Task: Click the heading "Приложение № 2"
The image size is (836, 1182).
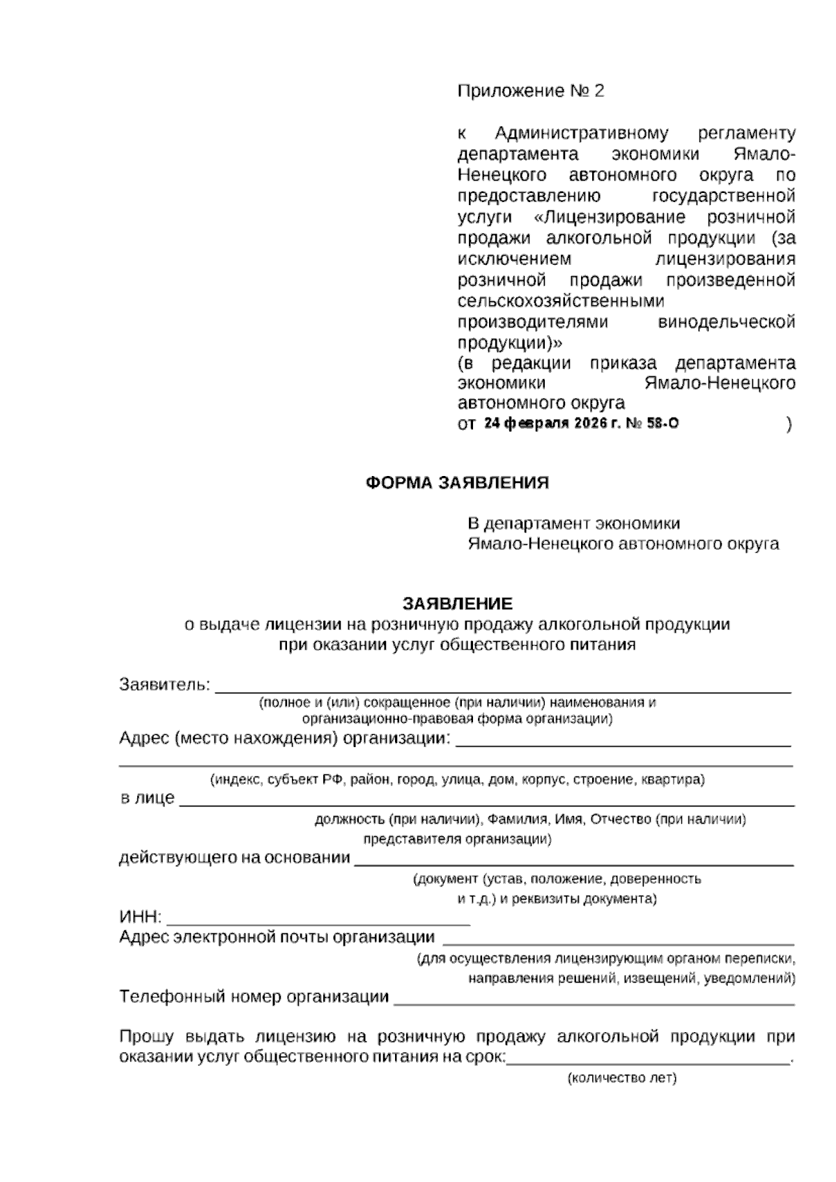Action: (x=530, y=91)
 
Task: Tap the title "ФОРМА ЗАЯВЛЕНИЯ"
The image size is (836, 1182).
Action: (x=457, y=483)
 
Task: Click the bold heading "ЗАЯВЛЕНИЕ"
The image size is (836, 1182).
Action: (x=457, y=603)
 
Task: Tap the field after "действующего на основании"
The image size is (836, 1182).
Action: (x=574, y=859)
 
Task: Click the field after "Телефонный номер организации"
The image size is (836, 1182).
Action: (x=594, y=999)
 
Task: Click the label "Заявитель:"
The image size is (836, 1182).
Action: (x=164, y=684)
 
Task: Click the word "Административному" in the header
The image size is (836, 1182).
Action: (x=581, y=133)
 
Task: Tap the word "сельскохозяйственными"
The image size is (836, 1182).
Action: (x=561, y=301)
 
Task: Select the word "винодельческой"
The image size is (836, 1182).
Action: (x=727, y=323)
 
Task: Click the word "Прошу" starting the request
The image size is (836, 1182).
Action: (x=146, y=1036)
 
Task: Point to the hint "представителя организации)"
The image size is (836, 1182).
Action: (x=457, y=839)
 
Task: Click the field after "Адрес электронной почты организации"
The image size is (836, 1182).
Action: (x=618, y=939)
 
